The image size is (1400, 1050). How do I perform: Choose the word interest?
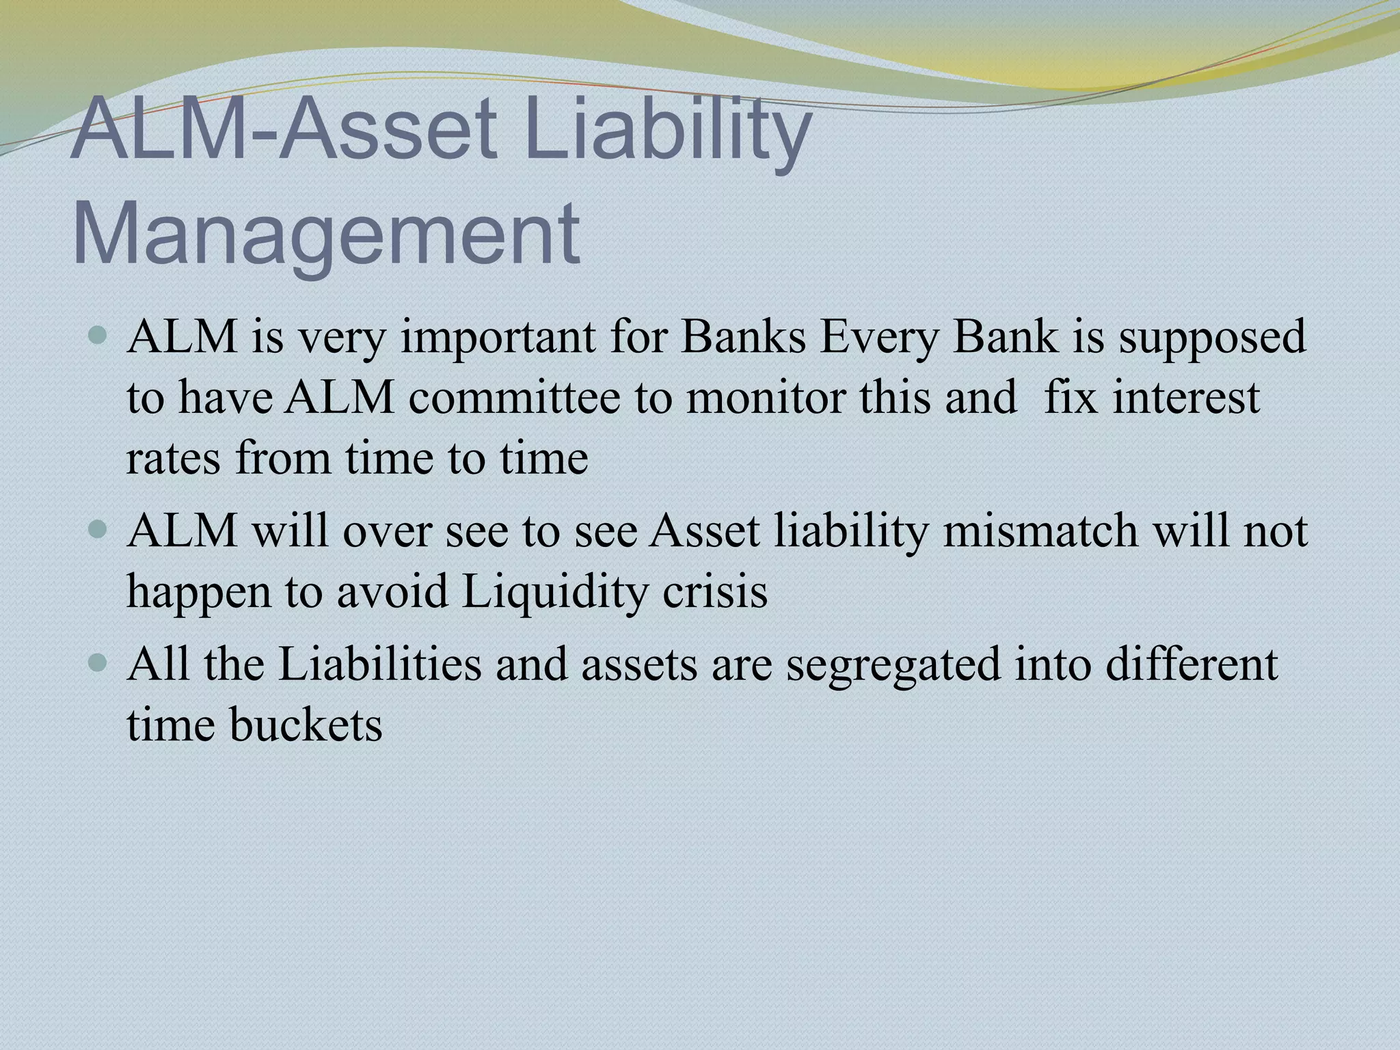pyautogui.click(x=1186, y=398)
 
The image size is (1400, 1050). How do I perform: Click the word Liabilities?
pyautogui.click(x=380, y=663)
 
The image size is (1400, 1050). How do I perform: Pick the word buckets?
pyautogui.click(x=306, y=725)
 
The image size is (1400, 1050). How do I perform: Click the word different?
pyautogui.click(x=1192, y=663)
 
